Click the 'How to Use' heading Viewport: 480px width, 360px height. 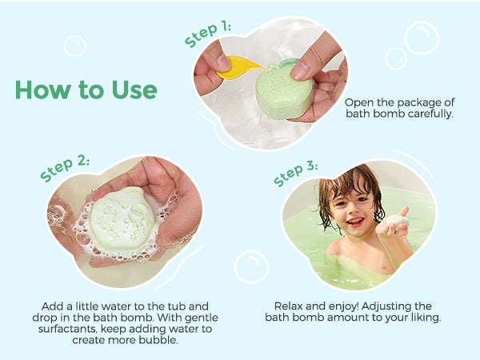[86, 90]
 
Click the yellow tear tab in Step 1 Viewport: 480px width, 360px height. [239, 67]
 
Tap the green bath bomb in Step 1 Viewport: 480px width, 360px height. [284, 89]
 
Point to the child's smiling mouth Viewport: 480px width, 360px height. [356, 221]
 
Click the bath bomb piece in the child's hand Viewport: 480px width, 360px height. [397, 222]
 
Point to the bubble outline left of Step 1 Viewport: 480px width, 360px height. [75, 46]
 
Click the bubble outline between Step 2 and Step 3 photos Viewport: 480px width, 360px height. [251, 266]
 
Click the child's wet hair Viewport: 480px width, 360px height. [349, 186]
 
